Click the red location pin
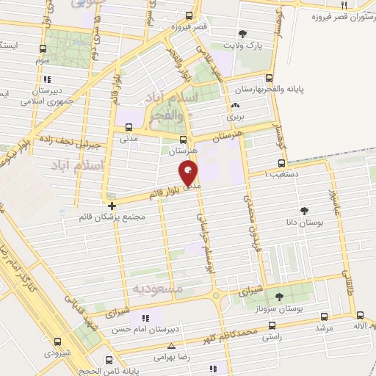coord(189,173)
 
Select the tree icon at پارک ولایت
coord(243,33)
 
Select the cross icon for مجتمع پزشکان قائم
coord(112,206)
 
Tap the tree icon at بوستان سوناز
coord(279,297)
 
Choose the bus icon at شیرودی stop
coord(58,341)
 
